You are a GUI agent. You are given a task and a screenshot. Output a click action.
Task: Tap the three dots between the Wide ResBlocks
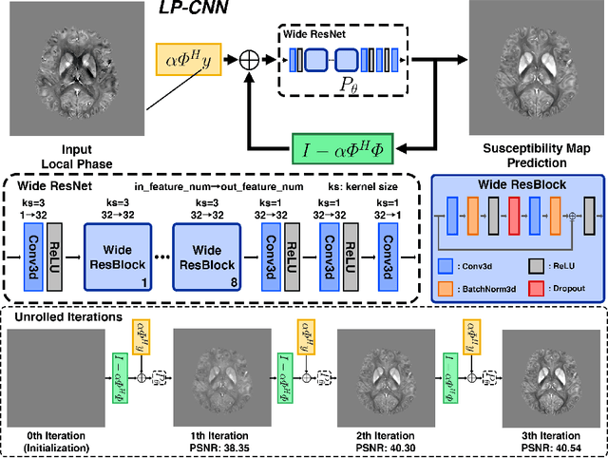click(x=161, y=258)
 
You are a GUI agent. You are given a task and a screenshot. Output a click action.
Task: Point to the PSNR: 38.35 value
click(x=219, y=446)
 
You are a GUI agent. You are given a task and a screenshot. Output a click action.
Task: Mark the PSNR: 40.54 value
click(x=542, y=446)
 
